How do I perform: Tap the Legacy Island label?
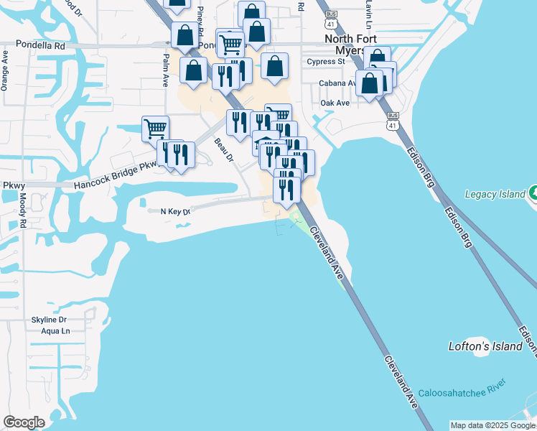496,194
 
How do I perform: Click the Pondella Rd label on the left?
39,45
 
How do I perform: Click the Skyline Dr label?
50,320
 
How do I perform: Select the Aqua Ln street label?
56,331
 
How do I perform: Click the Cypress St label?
326,62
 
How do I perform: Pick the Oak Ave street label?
335,103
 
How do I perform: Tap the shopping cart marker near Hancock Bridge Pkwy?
155,129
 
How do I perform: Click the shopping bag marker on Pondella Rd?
185,35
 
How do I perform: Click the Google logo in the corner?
24,422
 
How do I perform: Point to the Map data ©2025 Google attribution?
493,425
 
